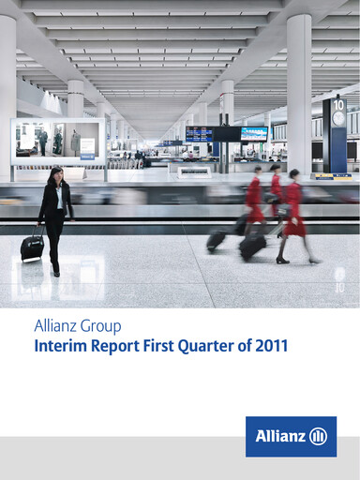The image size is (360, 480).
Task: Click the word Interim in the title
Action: [x=57, y=347]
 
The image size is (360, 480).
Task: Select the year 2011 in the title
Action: [x=270, y=347]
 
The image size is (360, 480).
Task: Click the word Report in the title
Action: [x=113, y=347]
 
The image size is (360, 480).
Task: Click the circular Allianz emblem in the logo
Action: [x=318, y=437]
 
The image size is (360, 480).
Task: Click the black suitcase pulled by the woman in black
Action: [x=33, y=247]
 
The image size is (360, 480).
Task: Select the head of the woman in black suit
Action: [x=55, y=174]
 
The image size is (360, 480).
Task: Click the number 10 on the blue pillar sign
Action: [x=338, y=105]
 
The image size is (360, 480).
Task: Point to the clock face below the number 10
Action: [x=338, y=119]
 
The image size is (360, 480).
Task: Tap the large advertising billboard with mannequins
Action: [x=57, y=142]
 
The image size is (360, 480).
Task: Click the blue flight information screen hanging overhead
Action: [x=199, y=134]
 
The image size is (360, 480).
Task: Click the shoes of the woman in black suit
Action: [x=55, y=272]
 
